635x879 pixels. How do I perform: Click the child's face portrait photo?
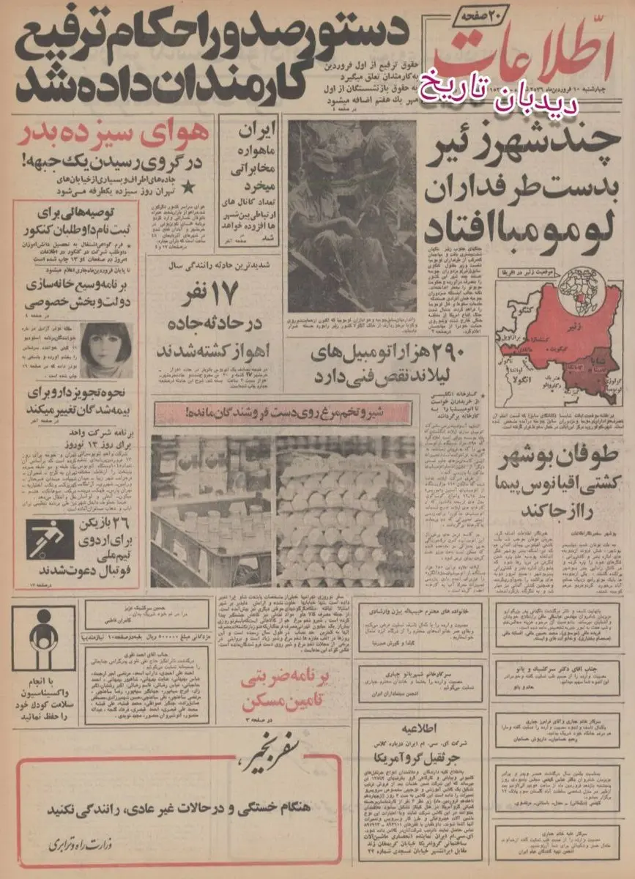tap(106, 351)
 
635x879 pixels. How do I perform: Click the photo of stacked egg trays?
tap(344, 513)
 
